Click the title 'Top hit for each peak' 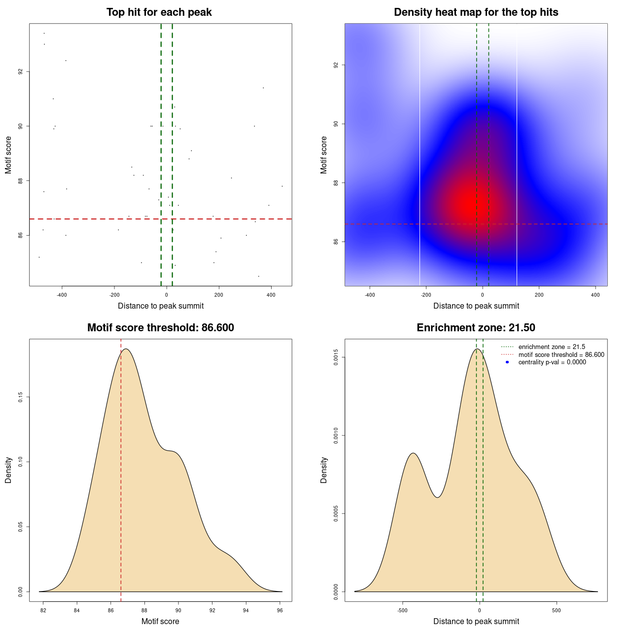tap(159, 12)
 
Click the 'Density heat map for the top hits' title tap(476, 12)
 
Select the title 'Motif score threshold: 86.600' tap(160, 328)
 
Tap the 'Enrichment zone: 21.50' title tap(476, 328)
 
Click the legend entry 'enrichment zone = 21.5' tap(552, 347)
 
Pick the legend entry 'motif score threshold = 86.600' tap(561, 355)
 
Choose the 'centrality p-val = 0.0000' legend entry tap(552, 362)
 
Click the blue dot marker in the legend tap(507, 362)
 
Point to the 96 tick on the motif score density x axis tap(280, 611)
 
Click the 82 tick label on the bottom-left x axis tap(43, 611)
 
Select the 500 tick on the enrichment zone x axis tap(557, 611)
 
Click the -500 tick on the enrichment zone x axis tap(402, 611)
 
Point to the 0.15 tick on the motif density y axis tap(21, 397)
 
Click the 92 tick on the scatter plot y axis tap(21, 71)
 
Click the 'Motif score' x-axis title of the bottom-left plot tap(160, 622)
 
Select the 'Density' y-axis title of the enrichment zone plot tap(324, 470)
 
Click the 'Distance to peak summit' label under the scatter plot tap(161, 306)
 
